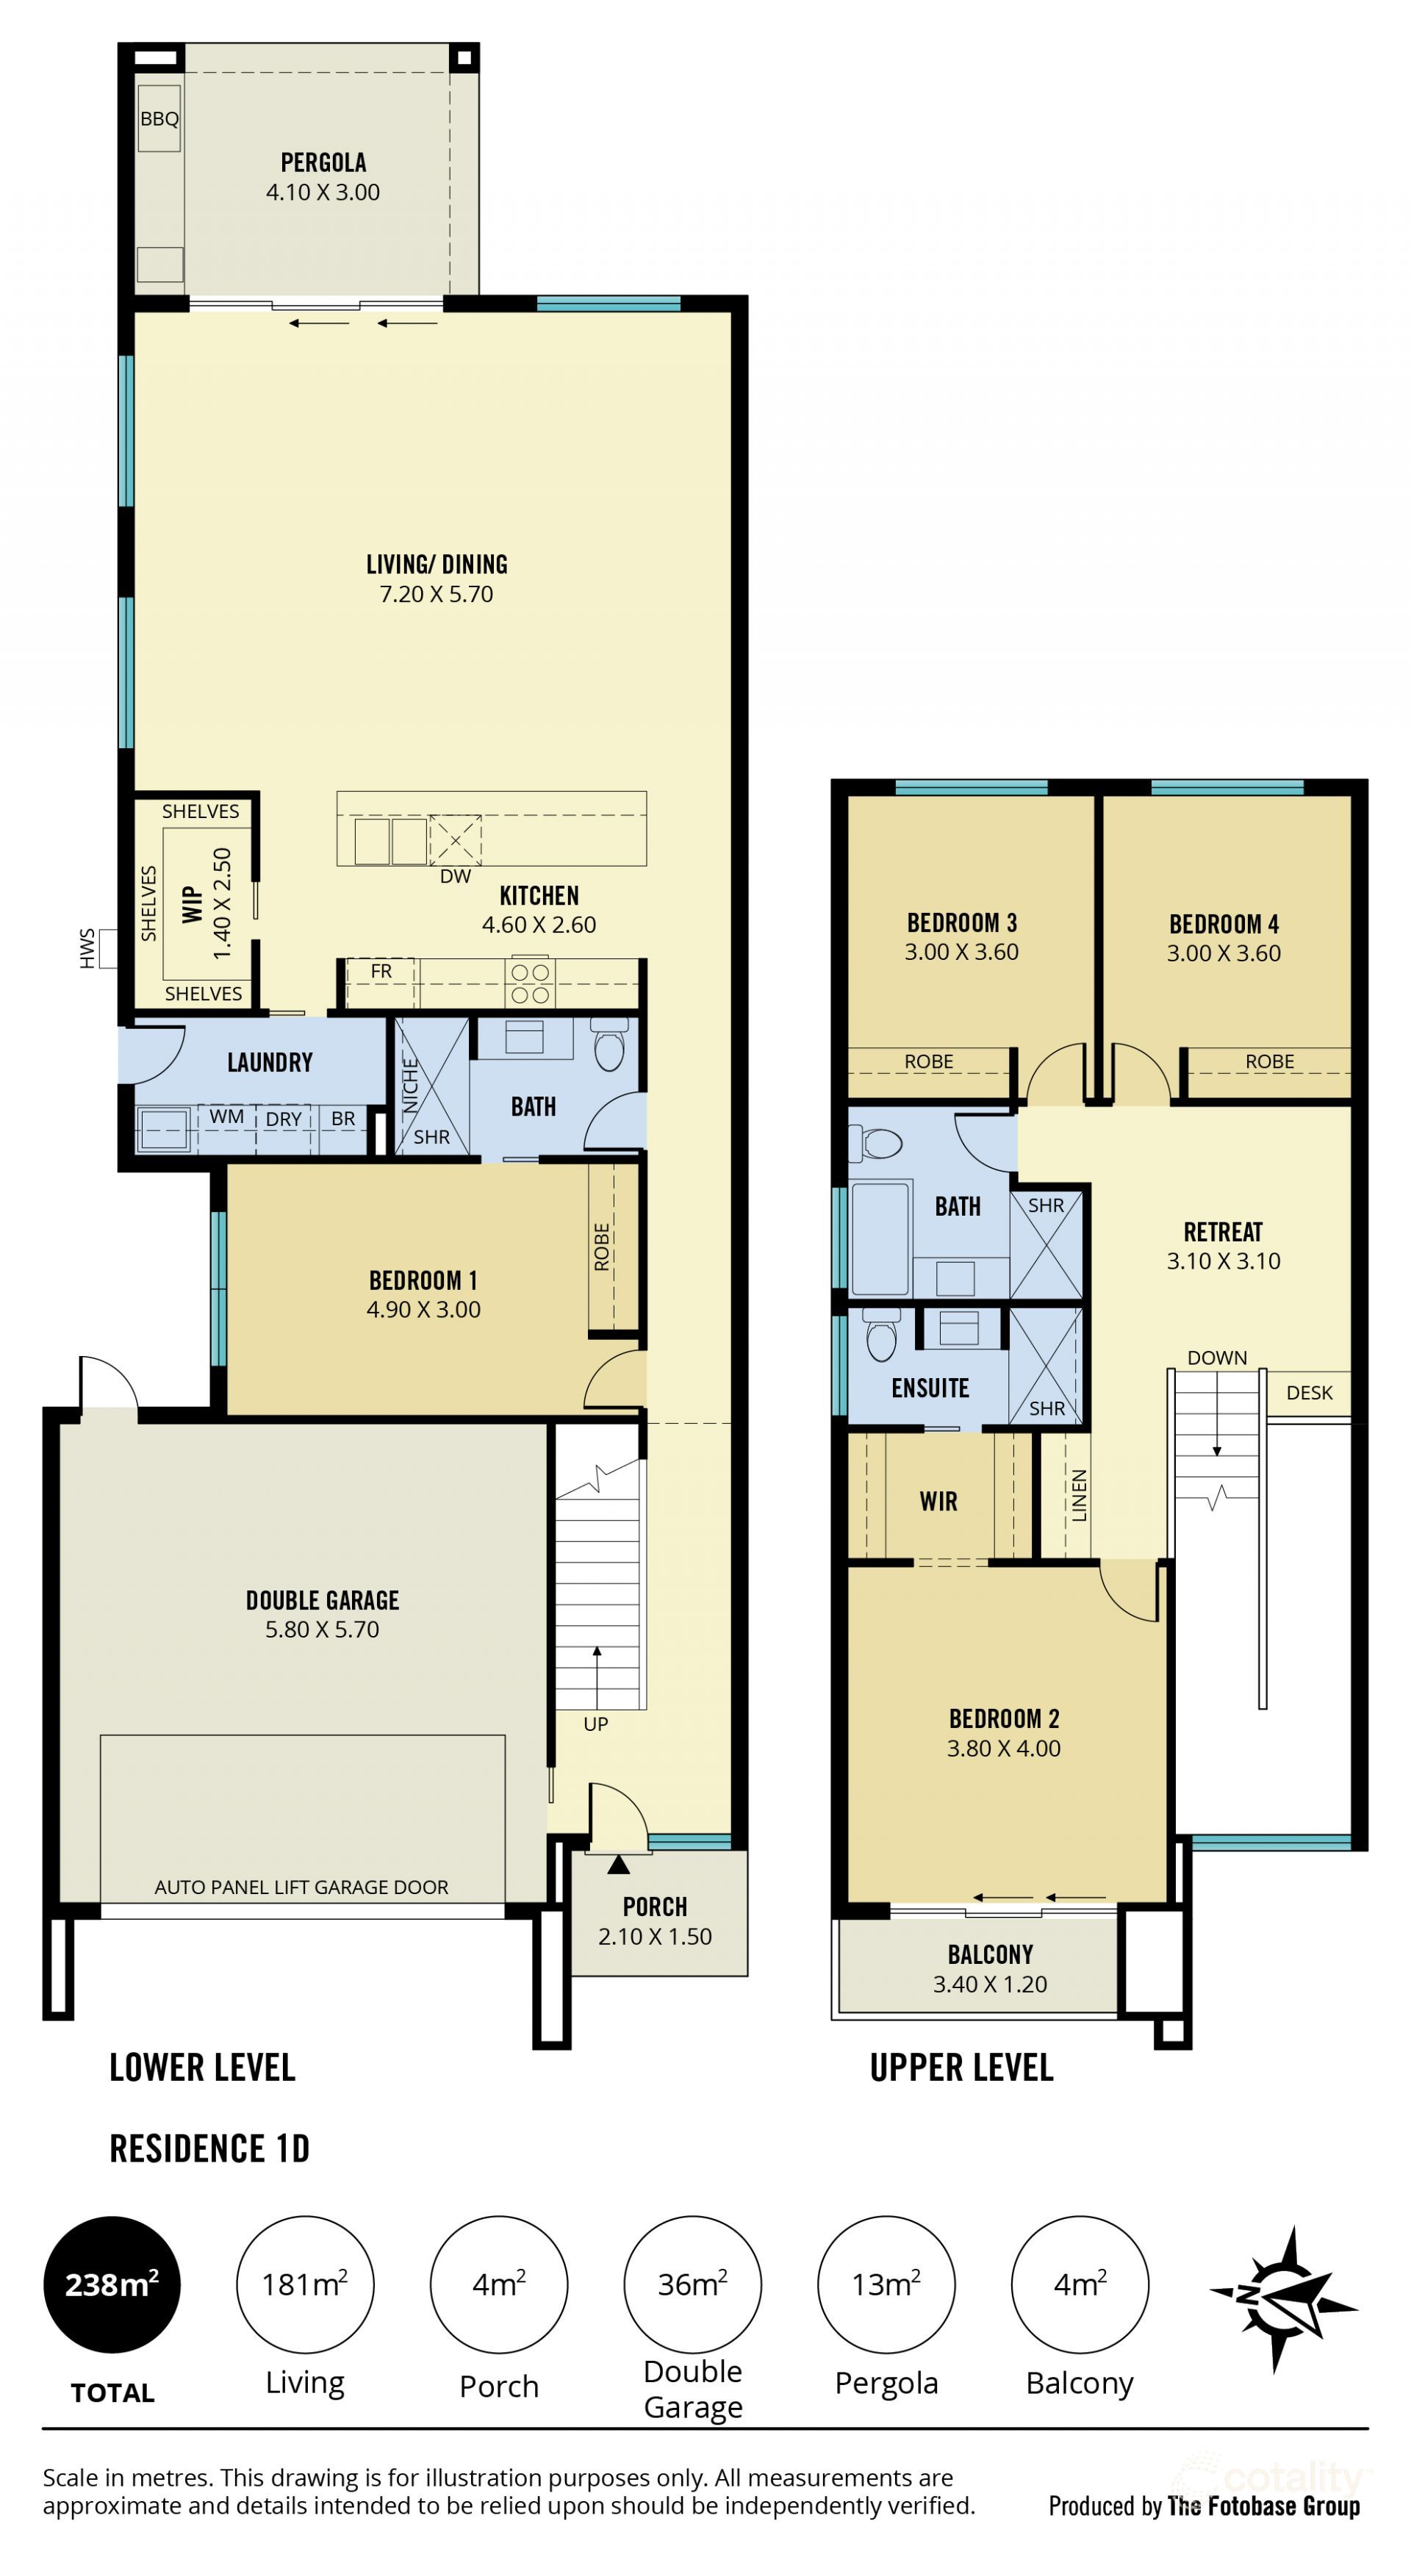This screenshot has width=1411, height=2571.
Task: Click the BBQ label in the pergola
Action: [159, 119]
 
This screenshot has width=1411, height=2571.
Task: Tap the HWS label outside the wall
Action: [87, 947]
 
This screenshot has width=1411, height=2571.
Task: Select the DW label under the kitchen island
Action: [455, 876]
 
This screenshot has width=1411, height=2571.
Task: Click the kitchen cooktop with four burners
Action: [530, 983]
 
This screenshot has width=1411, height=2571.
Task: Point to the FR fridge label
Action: [381, 971]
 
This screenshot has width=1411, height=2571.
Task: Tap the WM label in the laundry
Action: [226, 1117]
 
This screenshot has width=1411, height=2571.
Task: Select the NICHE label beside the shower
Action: [410, 1085]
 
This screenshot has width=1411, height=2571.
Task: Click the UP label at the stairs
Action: [596, 1724]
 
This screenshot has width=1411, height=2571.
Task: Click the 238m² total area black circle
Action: [112, 2284]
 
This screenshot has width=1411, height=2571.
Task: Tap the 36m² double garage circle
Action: [692, 2284]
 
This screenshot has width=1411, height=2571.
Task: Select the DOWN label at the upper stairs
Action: [1218, 1358]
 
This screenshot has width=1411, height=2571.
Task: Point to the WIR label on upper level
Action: [938, 1501]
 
